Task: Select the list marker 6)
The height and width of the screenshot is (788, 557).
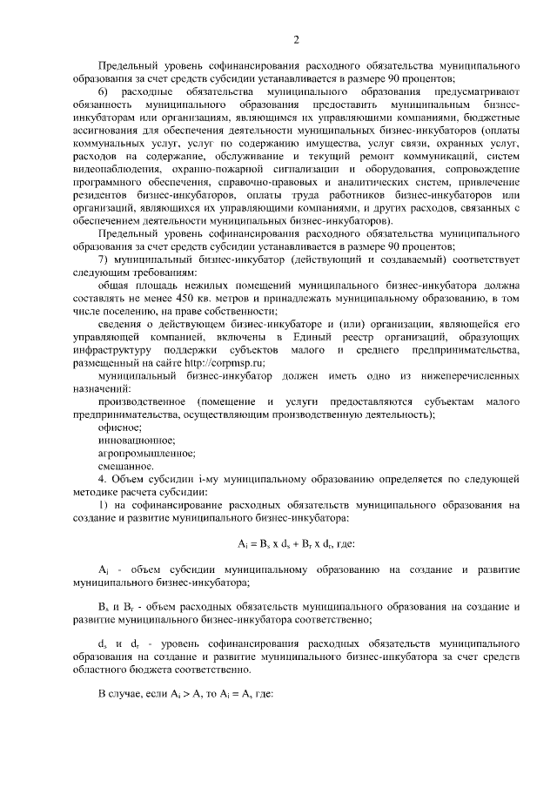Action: [103, 91]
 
